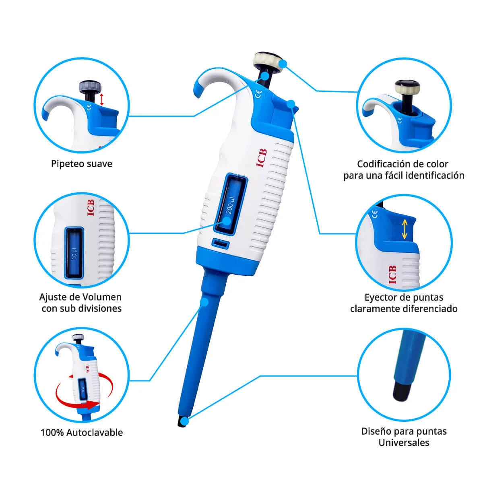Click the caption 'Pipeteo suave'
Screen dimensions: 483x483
click(82, 164)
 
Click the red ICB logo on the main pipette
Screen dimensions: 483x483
click(262, 158)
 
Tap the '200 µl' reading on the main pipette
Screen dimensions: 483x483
click(230, 206)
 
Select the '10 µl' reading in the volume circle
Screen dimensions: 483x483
click(74, 254)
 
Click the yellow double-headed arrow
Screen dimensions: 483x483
click(405, 229)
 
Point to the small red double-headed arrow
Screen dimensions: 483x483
click(101, 99)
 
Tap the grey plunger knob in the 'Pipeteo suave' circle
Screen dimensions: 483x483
click(91, 87)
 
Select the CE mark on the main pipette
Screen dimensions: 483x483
click(258, 94)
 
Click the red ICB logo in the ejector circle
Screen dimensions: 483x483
click(392, 275)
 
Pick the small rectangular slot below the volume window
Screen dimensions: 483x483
click(221, 244)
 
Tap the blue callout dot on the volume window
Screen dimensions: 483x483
click(227, 221)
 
